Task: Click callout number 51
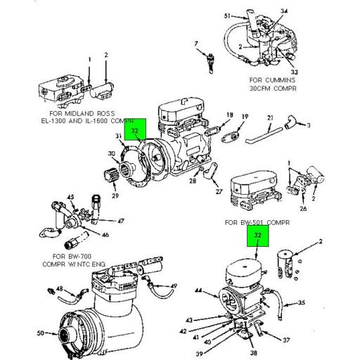point(226,15)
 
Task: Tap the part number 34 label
point(284,12)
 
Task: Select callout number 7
point(196,45)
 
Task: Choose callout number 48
point(59,288)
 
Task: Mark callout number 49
point(173,285)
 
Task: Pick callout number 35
point(302,304)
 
